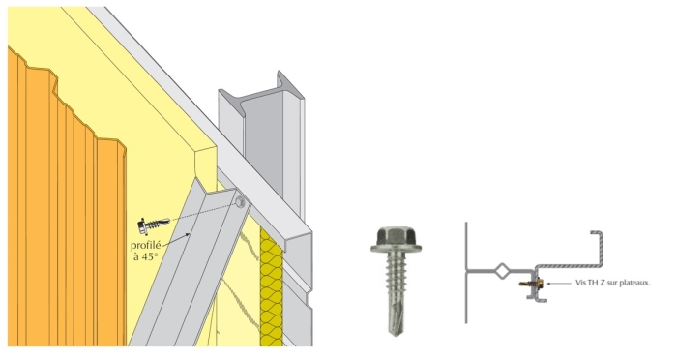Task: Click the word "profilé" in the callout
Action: coord(145,246)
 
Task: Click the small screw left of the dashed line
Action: coord(153,225)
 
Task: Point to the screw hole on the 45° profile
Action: coord(240,202)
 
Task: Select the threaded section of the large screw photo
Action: coord(396,276)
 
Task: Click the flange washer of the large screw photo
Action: coord(396,249)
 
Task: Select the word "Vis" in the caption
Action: coord(580,283)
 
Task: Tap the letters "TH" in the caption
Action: coord(593,283)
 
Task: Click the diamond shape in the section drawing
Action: coord(502,271)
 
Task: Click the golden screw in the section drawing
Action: coord(531,284)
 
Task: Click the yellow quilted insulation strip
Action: coord(271,287)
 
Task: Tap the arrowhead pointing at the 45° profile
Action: coord(188,234)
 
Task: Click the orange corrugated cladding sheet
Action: coord(65,203)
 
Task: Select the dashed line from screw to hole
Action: coord(204,213)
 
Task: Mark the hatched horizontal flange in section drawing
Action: coord(567,264)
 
